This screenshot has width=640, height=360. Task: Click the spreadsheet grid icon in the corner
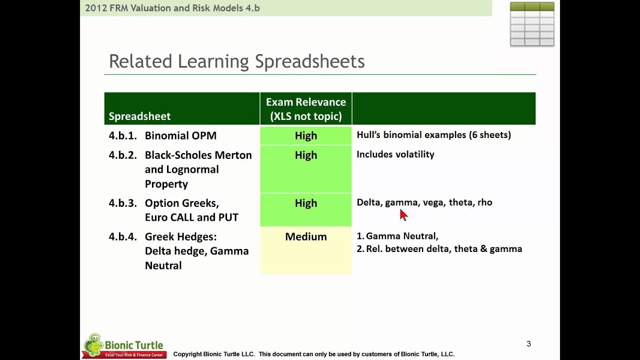[x=532, y=24]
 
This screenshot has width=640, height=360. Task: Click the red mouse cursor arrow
[x=403, y=215]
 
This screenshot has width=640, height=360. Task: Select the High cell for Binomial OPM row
[x=305, y=136]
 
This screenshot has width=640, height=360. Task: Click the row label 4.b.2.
[x=122, y=155]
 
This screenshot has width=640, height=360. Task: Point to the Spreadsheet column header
[x=139, y=116]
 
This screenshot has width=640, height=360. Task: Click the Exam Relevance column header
[x=305, y=109]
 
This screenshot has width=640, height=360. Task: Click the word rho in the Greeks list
[x=484, y=202]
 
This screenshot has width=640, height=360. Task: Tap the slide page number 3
[x=528, y=344]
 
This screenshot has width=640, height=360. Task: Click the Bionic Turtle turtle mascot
[x=93, y=344]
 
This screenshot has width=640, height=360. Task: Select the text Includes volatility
[x=395, y=154]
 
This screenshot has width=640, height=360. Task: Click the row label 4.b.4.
[x=122, y=237]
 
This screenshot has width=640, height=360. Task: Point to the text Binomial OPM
[x=180, y=136]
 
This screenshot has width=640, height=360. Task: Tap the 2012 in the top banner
[x=95, y=8]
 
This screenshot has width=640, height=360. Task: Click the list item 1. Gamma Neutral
[x=397, y=236]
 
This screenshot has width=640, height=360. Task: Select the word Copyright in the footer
[x=187, y=354]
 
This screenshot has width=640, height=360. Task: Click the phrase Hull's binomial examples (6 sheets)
[x=433, y=135]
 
